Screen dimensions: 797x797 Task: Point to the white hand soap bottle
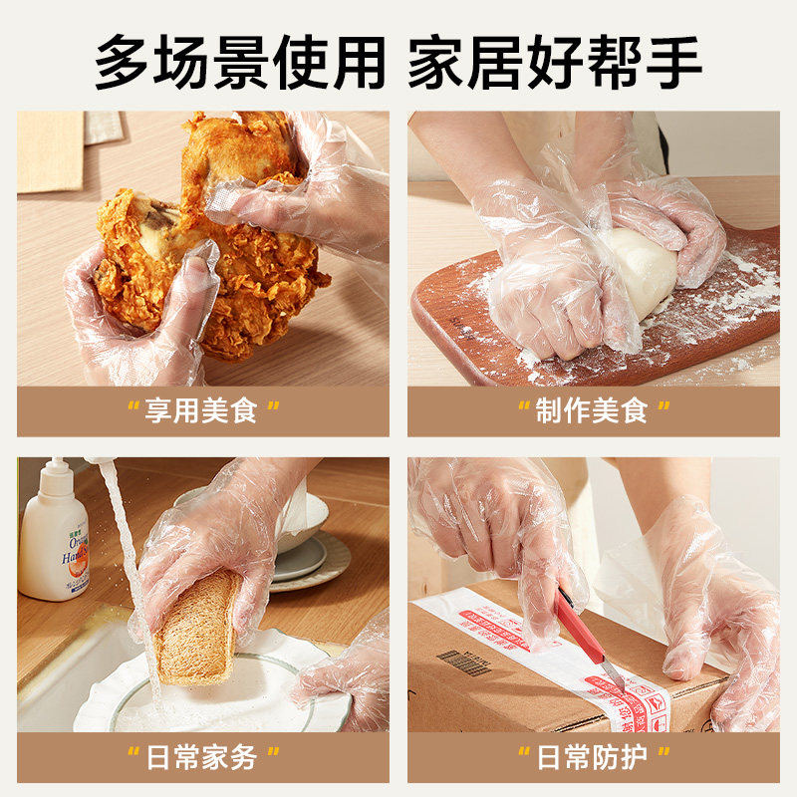53,543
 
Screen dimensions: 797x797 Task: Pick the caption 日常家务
202,757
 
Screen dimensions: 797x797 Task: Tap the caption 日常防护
593,757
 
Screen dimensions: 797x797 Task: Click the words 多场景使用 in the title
239,62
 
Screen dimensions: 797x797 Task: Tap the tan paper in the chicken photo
50,149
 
